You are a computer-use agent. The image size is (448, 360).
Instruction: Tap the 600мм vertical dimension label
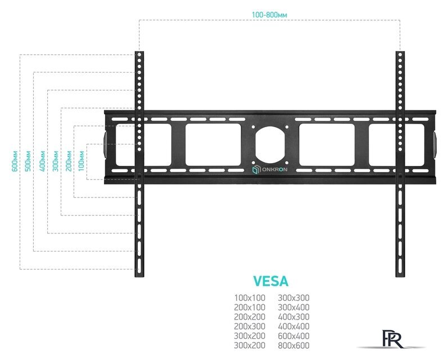coord(13,161)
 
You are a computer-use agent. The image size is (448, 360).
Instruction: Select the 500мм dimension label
coord(28,161)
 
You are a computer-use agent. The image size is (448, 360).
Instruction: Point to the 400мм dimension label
coord(41,161)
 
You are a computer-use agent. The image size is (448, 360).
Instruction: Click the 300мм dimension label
coord(55,161)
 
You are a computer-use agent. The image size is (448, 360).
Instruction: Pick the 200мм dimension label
coord(69,161)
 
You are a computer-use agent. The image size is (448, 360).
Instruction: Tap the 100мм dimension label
coord(82,161)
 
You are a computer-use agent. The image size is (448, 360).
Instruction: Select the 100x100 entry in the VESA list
coord(250,298)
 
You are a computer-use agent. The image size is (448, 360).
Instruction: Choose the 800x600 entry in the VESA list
coord(294,345)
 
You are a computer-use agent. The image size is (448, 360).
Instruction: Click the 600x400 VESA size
coord(294,335)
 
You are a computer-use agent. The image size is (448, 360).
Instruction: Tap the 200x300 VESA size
coord(250,326)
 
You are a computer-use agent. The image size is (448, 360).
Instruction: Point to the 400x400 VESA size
coord(294,326)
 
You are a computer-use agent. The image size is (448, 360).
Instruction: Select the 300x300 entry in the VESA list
coord(294,298)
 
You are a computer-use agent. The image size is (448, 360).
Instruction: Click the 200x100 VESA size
coord(250,307)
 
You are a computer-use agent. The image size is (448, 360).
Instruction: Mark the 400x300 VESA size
coord(294,316)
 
